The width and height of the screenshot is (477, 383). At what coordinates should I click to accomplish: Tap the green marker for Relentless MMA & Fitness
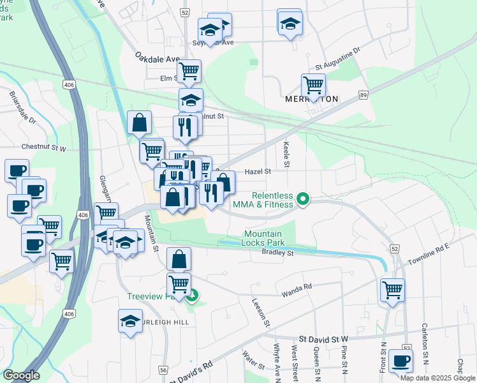(304, 200)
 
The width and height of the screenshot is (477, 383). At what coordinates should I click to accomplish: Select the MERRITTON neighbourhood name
(311, 100)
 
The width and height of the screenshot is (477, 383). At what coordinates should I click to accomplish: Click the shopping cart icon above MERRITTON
(313, 84)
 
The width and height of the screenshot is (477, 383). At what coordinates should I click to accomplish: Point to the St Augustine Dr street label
(338, 58)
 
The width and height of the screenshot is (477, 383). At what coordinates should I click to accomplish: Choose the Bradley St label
(277, 253)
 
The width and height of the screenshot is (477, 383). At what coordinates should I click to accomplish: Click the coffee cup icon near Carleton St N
(401, 361)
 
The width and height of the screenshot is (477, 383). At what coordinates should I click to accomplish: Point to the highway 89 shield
(363, 94)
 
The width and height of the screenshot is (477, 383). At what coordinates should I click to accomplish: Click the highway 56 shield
(163, 370)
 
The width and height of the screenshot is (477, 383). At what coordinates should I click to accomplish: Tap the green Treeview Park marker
(191, 296)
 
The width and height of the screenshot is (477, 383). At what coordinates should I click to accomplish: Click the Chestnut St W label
(43, 147)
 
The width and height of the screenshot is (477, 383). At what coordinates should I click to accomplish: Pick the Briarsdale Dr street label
(23, 108)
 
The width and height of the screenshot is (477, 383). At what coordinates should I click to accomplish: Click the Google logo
(21, 375)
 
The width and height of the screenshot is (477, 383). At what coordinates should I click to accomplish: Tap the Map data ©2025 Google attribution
(437, 378)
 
